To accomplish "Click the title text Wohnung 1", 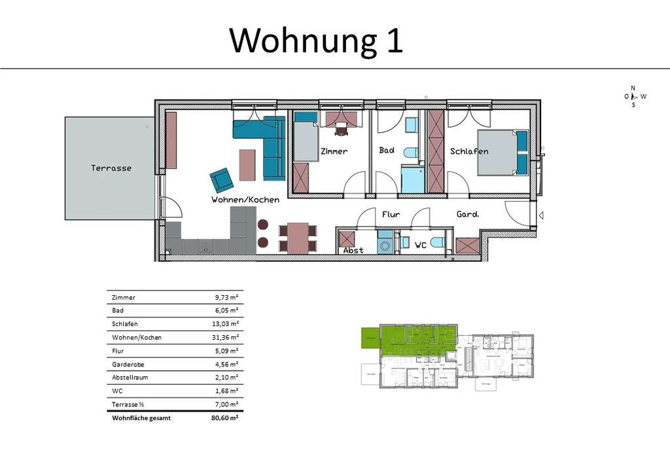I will [316, 41].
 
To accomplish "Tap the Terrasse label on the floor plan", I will [111, 168].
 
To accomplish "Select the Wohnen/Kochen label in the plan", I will [245, 200].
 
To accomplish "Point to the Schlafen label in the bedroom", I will [469, 151].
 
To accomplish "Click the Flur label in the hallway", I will [391, 214].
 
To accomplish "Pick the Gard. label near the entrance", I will [467, 214].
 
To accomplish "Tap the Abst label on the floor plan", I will [353, 250].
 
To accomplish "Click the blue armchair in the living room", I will [221, 179].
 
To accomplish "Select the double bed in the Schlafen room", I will [502, 152].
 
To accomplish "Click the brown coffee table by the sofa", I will [247, 165].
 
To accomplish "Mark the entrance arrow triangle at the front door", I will [540, 215].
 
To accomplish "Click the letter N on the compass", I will [633, 88].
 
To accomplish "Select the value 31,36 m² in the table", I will [224, 338].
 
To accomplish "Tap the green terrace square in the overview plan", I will [370, 338].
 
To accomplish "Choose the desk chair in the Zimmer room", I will [342, 130].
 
